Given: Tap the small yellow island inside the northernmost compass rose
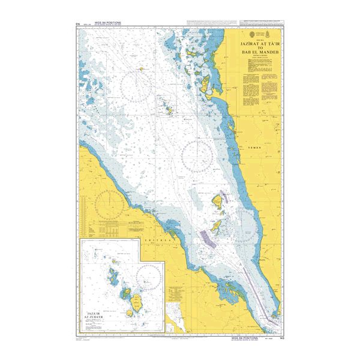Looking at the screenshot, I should [x=142, y=69].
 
